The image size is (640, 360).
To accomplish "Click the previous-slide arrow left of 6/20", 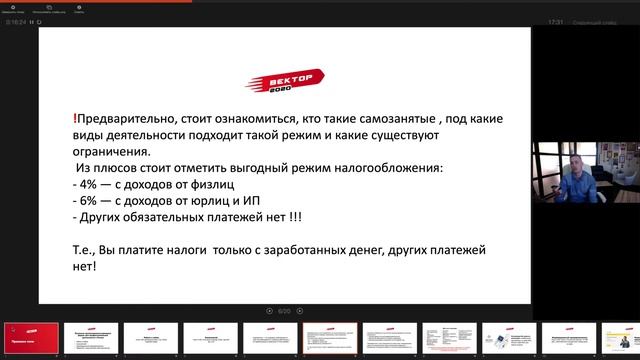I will pyautogui.click(x=269, y=311).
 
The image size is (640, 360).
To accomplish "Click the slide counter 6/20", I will pyautogui.click(x=284, y=311).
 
